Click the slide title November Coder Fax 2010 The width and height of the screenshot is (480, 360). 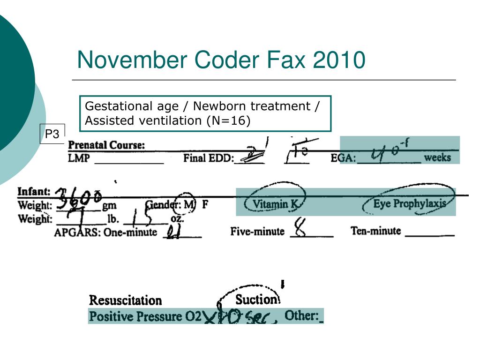[x=221, y=60]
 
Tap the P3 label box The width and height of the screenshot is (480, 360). [x=52, y=135]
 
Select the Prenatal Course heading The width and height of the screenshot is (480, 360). [x=106, y=145]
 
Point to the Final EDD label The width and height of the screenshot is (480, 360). [x=209, y=158]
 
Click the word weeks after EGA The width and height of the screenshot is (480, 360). [x=437, y=157]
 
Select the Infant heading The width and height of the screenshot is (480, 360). [x=34, y=192]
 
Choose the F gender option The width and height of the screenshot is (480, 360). [x=205, y=205]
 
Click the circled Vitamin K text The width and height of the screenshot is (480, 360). [x=275, y=204]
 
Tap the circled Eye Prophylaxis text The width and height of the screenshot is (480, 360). [x=409, y=204]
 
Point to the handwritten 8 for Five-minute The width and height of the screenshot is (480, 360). [x=300, y=229]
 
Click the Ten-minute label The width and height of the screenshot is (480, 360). [x=375, y=231]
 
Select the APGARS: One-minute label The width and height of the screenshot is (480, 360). [x=105, y=232]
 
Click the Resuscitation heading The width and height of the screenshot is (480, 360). [x=125, y=300]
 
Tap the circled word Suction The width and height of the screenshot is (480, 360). [x=256, y=300]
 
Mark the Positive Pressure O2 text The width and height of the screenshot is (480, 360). [x=145, y=316]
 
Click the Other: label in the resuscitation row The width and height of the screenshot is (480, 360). [x=302, y=315]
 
